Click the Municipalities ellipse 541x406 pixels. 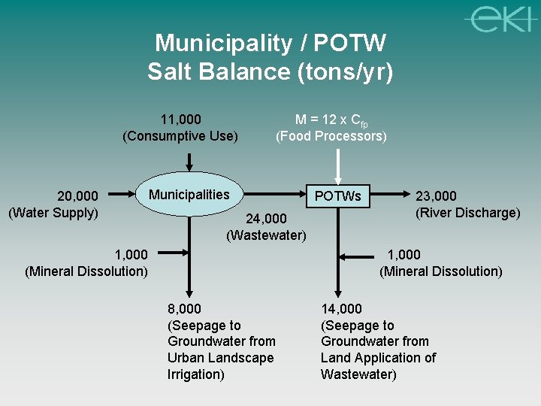(189, 195)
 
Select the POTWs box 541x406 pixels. (338, 196)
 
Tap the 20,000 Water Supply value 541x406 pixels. (78, 197)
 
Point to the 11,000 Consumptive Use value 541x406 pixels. (180, 120)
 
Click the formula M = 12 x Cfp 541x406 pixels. (331, 120)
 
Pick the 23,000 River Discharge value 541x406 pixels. (437, 197)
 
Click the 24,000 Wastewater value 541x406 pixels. (267, 219)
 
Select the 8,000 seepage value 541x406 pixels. (185, 308)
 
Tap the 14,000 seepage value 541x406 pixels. (341, 308)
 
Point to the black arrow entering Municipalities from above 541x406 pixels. (189, 162)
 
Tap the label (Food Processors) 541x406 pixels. (331, 136)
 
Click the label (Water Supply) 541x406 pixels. (53, 213)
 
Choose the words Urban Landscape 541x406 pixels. (221, 358)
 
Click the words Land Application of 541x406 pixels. (378, 358)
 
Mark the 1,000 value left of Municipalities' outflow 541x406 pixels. (131, 255)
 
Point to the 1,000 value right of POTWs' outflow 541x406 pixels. (403, 255)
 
